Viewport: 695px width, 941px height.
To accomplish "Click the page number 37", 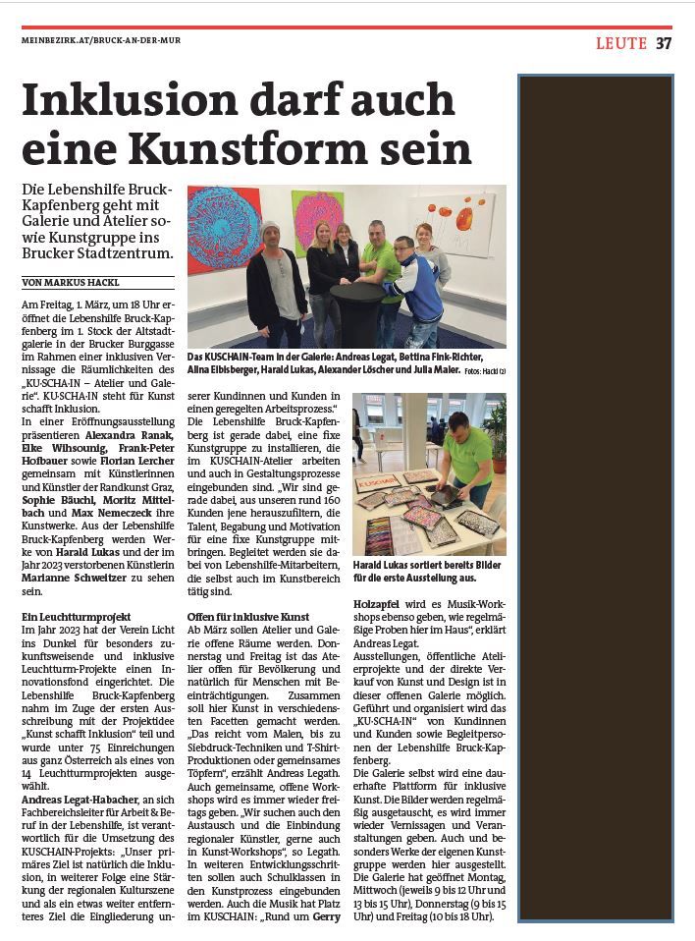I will click(664, 43).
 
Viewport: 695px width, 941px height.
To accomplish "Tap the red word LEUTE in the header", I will click(621, 43).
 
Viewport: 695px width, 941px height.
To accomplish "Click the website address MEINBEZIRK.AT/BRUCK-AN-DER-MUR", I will click(101, 40).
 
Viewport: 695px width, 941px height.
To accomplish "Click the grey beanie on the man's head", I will click(270, 228).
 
